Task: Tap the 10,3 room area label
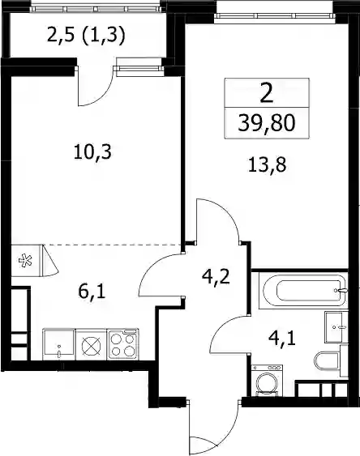(x=92, y=152)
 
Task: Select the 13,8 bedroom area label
(x=268, y=165)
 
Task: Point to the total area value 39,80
(x=267, y=123)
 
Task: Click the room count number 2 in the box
(x=267, y=94)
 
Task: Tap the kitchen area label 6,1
(x=92, y=292)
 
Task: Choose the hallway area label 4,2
(x=216, y=277)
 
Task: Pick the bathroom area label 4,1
(x=281, y=339)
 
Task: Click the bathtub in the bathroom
(x=305, y=290)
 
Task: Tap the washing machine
(x=267, y=381)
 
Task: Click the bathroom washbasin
(x=336, y=327)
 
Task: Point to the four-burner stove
(x=122, y=344)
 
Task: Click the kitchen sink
(x=59, y=344)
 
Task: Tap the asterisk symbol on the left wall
(x=25, y=261)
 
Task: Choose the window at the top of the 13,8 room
(x=275, y=14)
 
